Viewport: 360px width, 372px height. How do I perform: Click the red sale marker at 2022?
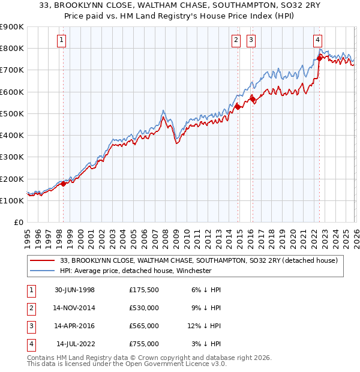[319, 58]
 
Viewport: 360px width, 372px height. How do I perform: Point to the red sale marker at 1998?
[64, 184]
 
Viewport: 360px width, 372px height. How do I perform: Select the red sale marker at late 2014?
[238, 107]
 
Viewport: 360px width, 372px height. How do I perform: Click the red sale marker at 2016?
[253, 99]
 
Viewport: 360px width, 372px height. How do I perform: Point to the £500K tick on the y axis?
[12, 113]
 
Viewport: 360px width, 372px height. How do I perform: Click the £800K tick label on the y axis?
[12, 48]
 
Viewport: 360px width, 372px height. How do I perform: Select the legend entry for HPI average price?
[136, 271]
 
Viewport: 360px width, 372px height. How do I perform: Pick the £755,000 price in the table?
[143, 344]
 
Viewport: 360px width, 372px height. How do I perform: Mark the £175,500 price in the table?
[143, 290]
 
